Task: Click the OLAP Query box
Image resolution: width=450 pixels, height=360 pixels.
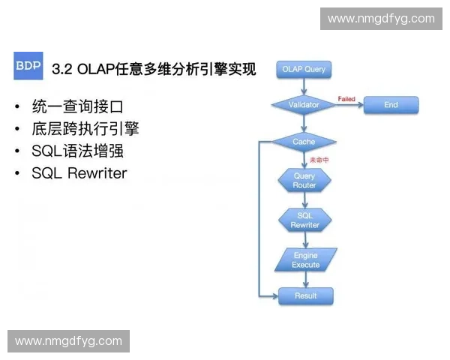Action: point(304,70)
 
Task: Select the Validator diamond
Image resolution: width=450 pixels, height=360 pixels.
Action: point(304,105)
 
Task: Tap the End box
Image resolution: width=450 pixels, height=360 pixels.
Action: point(391,105)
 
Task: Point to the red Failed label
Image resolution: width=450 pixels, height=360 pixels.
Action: point(346,99)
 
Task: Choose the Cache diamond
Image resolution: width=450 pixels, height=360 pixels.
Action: point(304,142)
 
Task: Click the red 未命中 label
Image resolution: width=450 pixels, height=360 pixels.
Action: point(320,159)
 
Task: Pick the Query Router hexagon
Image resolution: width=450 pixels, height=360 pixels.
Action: point(304,181)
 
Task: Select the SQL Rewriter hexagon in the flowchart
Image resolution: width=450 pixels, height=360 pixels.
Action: point(304,220)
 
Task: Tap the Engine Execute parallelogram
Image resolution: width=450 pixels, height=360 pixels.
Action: point(305,260)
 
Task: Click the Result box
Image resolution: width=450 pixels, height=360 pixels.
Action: point(305,295)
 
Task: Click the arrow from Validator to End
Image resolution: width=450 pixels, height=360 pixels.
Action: point(351,106)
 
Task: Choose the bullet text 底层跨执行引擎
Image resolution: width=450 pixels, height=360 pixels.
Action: point(85,128)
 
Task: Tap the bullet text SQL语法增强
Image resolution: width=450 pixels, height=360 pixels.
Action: point(77,151)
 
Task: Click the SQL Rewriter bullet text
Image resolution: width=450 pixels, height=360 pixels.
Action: point(79,173)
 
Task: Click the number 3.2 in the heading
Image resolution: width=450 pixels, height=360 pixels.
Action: point(61,70)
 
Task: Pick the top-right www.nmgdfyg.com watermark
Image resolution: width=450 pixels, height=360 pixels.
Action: point(381,19)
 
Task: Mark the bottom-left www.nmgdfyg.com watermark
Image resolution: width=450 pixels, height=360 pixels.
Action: point(68,341)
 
